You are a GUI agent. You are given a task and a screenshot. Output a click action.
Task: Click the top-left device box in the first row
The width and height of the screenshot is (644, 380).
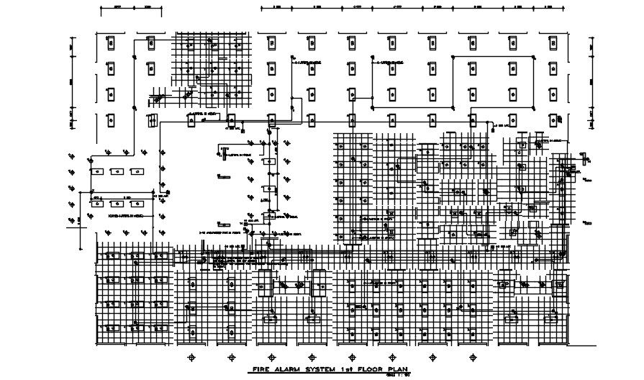coord(111,43)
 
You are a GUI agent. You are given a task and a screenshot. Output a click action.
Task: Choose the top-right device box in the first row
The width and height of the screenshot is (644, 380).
coord(551,43)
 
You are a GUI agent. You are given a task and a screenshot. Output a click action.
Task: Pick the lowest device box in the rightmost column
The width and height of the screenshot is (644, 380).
coord(551,120)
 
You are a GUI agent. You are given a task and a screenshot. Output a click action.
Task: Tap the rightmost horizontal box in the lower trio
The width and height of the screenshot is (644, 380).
coord(134,202)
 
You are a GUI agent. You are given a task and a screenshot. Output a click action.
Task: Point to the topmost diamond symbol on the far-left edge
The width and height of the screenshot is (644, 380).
coord(71,155)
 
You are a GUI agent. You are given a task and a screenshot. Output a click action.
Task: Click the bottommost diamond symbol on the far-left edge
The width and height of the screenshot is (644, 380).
coord(71,220)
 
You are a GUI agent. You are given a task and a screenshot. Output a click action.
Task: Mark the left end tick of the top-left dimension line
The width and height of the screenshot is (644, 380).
coord(100,9)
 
